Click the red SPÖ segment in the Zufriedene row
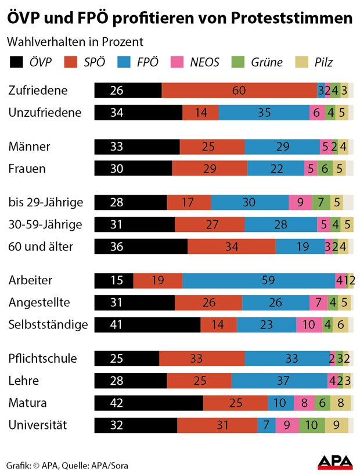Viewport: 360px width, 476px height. coord(239,91)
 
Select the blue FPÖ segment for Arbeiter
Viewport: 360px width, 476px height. coord(258,280)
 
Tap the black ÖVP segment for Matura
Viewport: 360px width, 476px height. coord(149,403)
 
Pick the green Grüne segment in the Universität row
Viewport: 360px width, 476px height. coord(312,425)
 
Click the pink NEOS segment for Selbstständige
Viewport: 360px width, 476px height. coord(309,324)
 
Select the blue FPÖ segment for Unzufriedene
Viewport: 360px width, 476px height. coord(264,113)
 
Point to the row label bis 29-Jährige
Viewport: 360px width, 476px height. coord(45,202)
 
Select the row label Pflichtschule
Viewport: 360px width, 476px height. coord(42,358)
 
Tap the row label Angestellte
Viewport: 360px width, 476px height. coord(39,302)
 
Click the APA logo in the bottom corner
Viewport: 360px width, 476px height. coord(335,462)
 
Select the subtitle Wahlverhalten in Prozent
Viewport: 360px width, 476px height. coord(75,42)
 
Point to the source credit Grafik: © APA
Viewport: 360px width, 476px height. coord(35,466)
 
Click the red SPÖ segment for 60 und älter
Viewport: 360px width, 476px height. coord(231,246)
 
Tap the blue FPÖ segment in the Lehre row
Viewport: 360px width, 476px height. coord(279,381)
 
